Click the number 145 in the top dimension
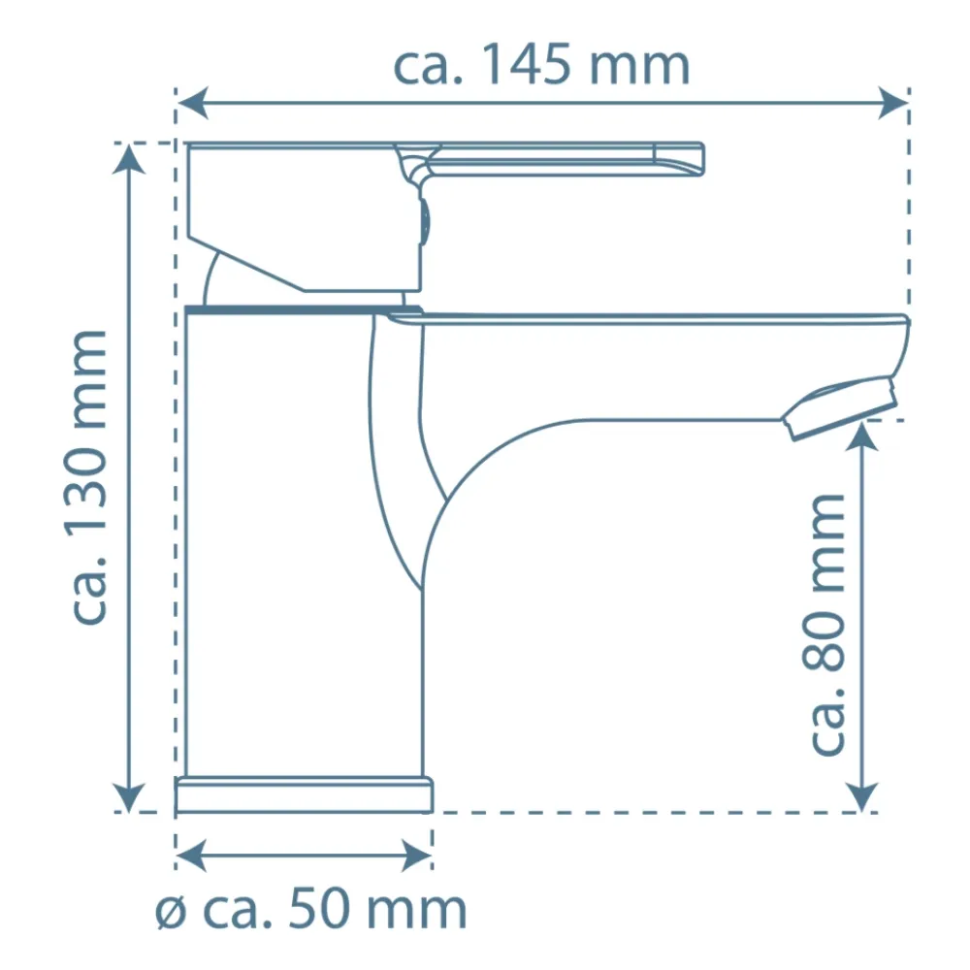526,65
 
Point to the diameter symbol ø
171,912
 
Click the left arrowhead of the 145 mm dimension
192,103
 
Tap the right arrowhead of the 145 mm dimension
893,103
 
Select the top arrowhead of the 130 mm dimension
129,159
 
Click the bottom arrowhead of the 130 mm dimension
129,796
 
